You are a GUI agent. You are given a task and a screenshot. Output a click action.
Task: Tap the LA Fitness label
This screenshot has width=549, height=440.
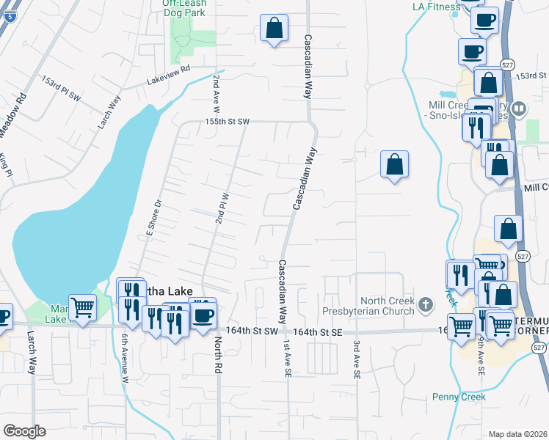tap(435, 7)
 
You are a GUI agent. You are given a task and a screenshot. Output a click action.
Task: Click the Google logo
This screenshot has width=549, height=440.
tap(25, 431)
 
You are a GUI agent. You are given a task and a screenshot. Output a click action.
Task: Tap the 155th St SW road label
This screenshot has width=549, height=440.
tap(228, 122)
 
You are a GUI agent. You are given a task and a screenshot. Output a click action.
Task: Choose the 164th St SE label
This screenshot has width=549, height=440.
tap(317, 332)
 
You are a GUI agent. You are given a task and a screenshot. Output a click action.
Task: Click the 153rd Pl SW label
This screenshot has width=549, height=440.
tap(61, 88)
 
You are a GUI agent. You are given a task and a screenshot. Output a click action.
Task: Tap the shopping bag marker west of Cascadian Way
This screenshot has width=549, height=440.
tap(274, 29)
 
